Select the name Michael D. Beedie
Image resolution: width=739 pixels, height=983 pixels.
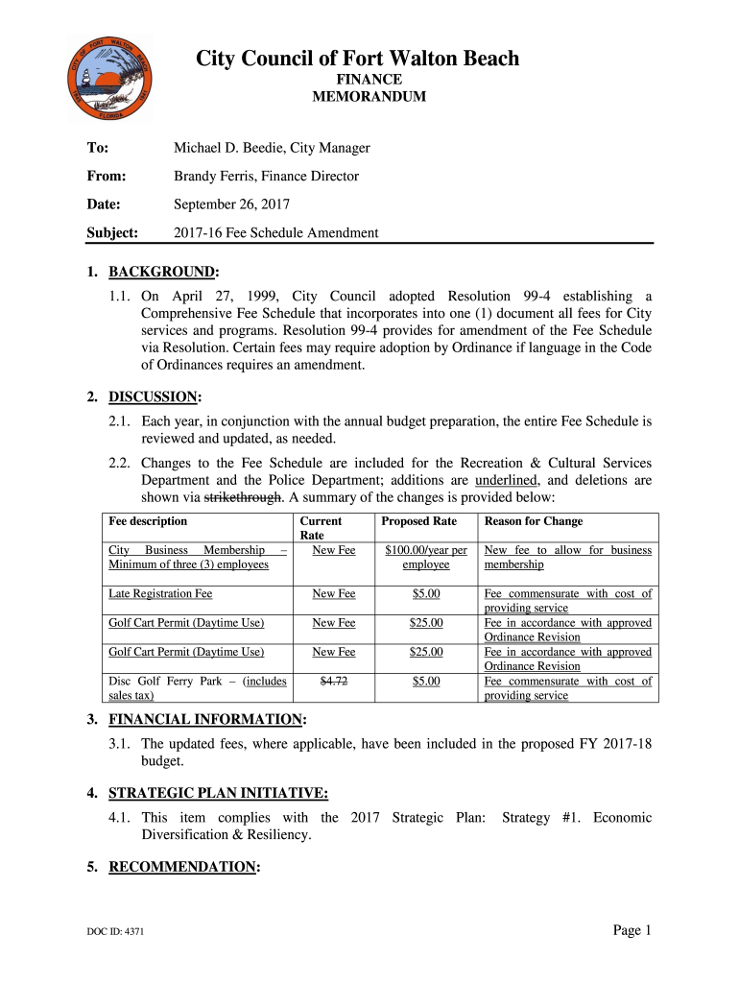pyautogui.click(x=229, y=148)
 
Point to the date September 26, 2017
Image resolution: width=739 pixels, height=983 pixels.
pyautogui.click(x=231, y=204)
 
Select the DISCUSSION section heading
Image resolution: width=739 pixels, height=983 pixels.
pyautogui.click(x=155, y=396)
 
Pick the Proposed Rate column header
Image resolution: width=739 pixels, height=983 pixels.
pyautogui.click(x=418, y=521)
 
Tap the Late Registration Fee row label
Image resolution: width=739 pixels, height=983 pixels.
pyautogui.click(x=160, y=594)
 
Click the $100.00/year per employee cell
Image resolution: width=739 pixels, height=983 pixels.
pyautogui.click(x=426, y=557)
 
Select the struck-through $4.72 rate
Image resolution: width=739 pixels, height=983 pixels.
pyautogui.click(x=334, y=681)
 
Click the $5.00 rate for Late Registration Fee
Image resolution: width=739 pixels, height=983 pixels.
pyautogui.click(x=426, y=594)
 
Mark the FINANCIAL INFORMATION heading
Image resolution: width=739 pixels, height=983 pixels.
pyautogui.click(x=205, y=719)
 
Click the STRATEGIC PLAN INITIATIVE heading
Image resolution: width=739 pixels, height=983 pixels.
pyautogui.click(x=218, y=793)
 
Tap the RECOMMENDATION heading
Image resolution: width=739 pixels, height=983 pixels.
pyautogui.click(x=182, y=867)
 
